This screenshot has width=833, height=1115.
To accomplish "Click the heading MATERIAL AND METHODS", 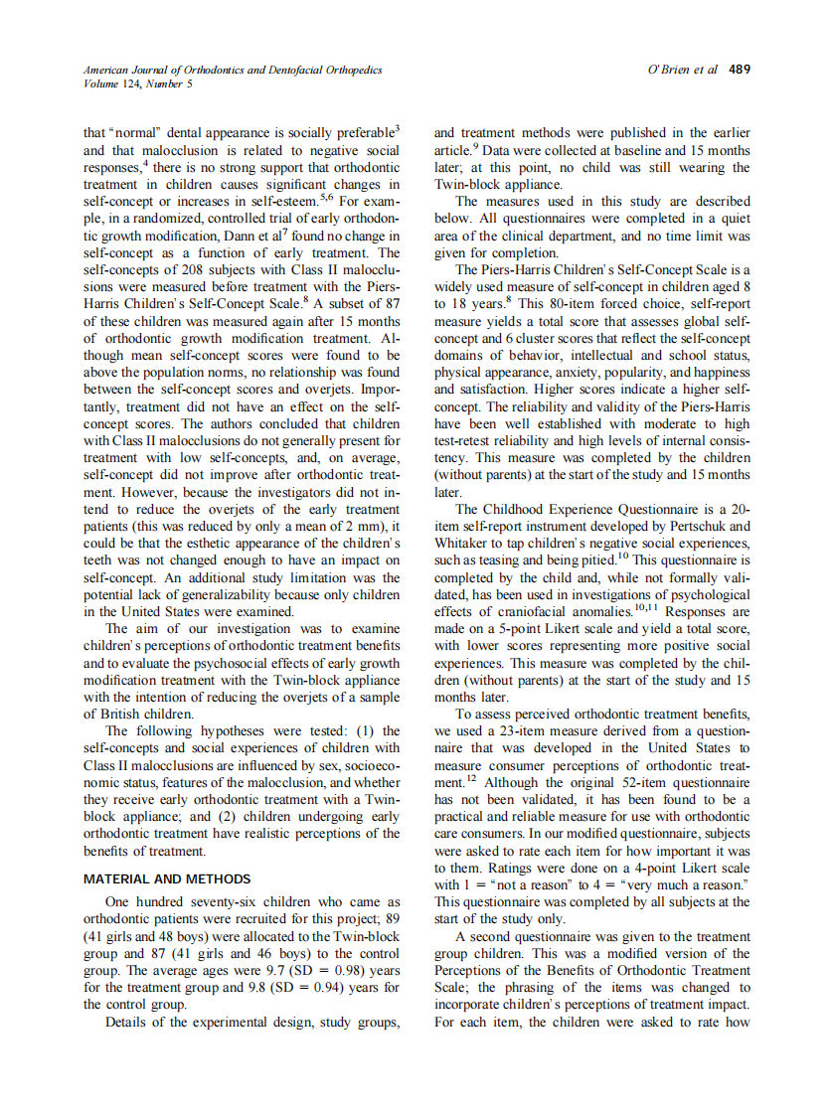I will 167,879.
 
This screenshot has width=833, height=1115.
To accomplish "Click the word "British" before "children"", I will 117,714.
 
